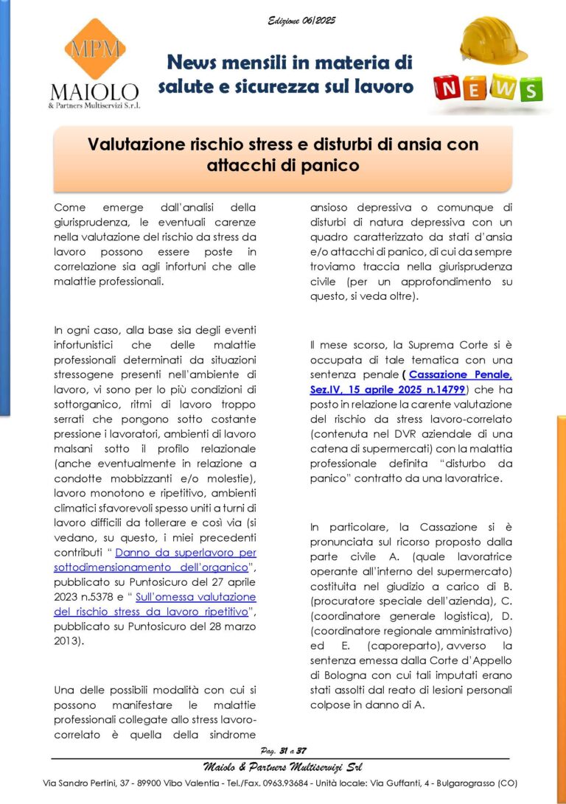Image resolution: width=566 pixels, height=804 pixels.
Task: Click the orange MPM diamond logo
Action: click(x=94, y=49)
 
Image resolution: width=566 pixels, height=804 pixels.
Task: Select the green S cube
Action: click(x=528, y=89)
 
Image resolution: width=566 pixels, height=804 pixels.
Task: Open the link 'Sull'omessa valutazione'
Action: click(x=195, y=596)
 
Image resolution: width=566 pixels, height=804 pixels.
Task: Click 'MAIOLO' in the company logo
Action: click(x=94, y=92)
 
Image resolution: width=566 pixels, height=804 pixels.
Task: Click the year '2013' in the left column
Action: click(x=67, y=640)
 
